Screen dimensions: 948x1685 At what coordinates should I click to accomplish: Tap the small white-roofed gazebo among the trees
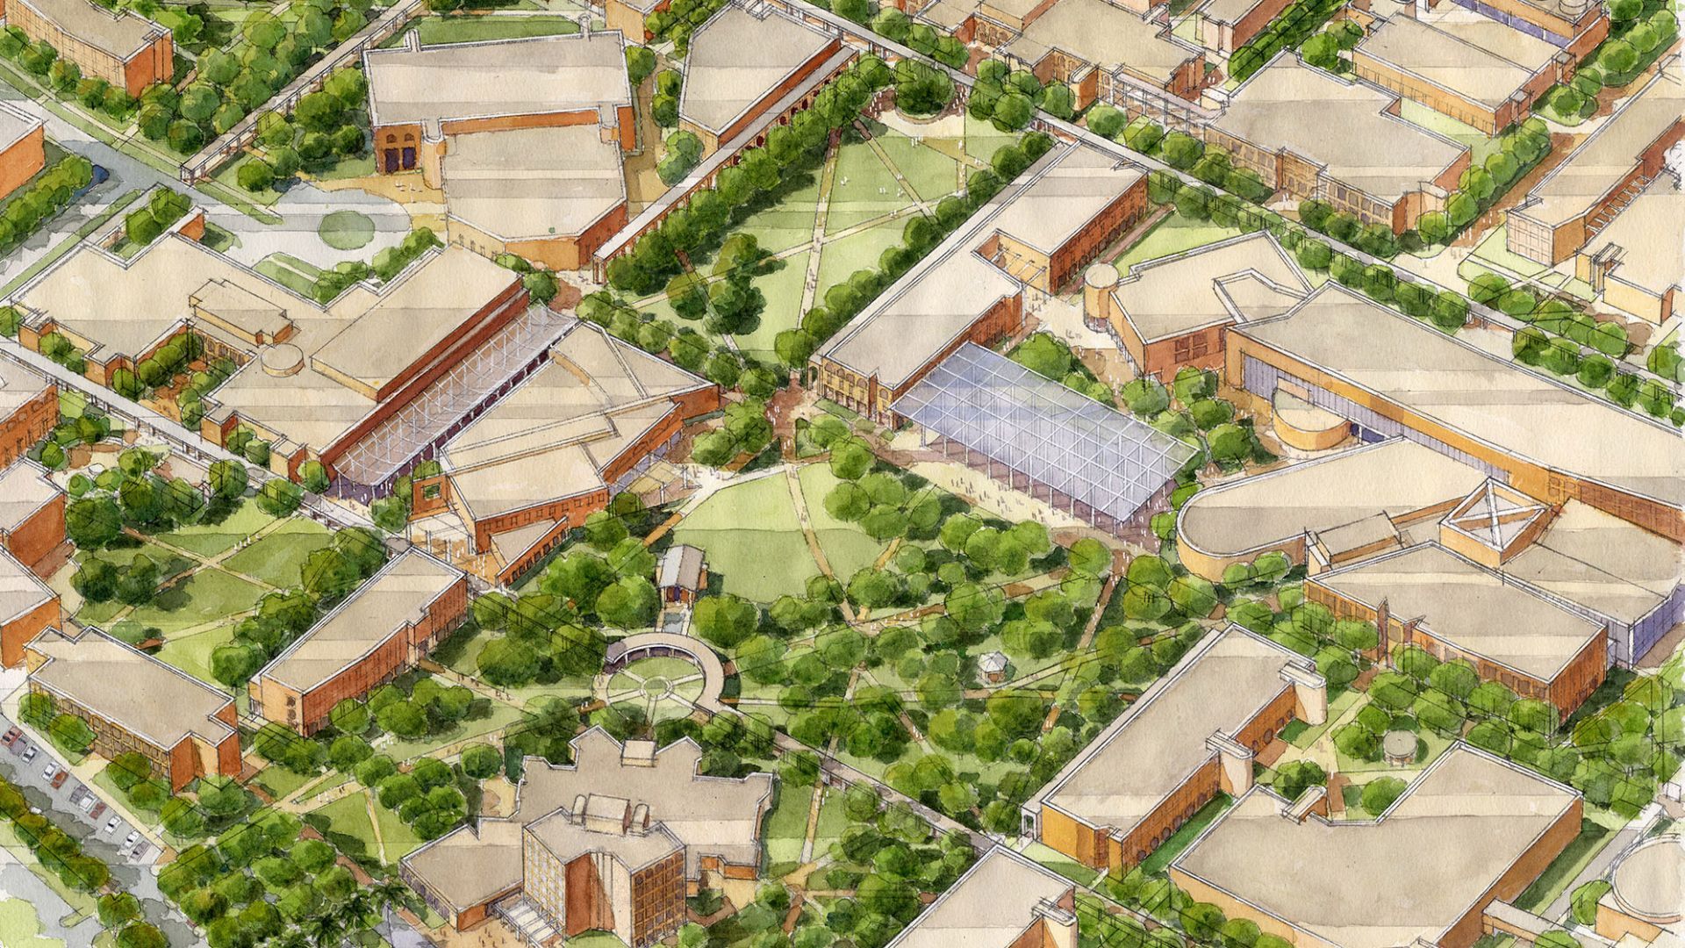pyautogui.click(x=993, y=664)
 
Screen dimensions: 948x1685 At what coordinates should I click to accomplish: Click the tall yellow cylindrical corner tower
pyautogui.click(x=1101, y=298)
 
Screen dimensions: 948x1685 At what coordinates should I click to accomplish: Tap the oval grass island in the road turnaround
pyautogui.click(x=346, y=229)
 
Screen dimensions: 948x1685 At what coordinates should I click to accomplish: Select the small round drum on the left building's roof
pyautogui.click(x=281, y=359)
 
